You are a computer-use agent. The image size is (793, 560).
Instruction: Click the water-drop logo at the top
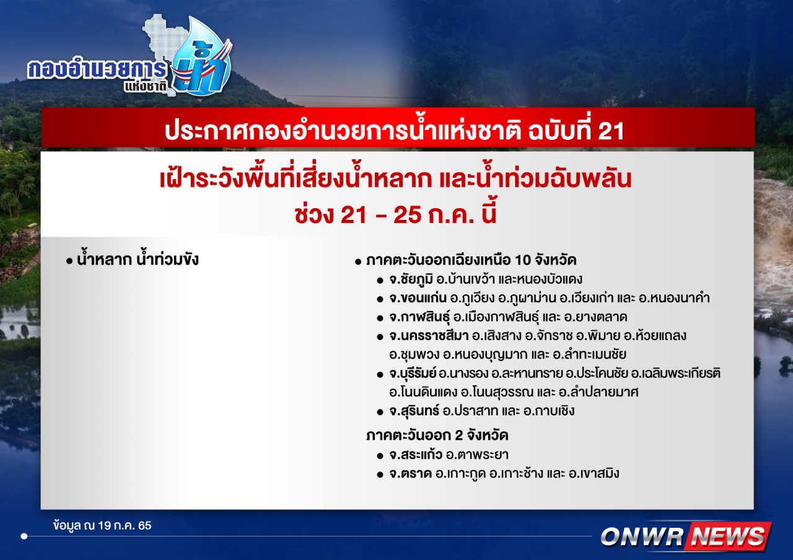pyautogui.click(x=202, y=56)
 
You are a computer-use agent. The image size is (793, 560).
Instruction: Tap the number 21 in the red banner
pyautogui.click(x=611, y=131)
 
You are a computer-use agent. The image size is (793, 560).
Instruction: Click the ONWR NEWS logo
pyautogui.click(x=686, y=536)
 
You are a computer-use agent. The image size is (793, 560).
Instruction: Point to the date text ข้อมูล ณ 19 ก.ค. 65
pyautogui.click(x=102, y=525)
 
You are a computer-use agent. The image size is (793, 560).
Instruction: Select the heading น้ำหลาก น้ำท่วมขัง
pyautogui.click(x=138, y=260)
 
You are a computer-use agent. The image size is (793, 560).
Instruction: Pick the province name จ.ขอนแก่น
pyautogui.click(x=418, y=298)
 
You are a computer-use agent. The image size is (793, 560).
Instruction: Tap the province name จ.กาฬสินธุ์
pyautogui.click(x=419, y=317)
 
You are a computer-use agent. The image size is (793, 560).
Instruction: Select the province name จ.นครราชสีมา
pyautogui.click(x=429, y=336)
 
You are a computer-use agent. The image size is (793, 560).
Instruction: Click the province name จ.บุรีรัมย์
pyautogui.click(x=413, y=374)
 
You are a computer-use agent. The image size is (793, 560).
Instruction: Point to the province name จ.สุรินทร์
pyautogui.click(x=414, y=411)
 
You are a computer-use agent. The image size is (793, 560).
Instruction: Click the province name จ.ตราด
pyautogui.click(x=411, y=473)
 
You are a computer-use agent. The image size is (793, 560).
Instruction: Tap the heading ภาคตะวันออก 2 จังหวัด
pyautogui.click(x=437, y=435)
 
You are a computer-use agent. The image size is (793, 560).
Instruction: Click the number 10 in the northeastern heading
pyautogui.click(x=523, y=260)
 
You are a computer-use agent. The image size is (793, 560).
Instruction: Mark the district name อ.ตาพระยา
pyautogui.click(x=477, y=455)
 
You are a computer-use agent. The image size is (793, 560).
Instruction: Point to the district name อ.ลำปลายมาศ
pyautogui.click(x=598, y=392)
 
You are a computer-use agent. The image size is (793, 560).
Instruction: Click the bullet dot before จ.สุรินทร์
pyautogui.click(x=380, y=412)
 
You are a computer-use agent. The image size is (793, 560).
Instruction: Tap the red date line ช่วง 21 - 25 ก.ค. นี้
pyautogui.click(x=396, y=214)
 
